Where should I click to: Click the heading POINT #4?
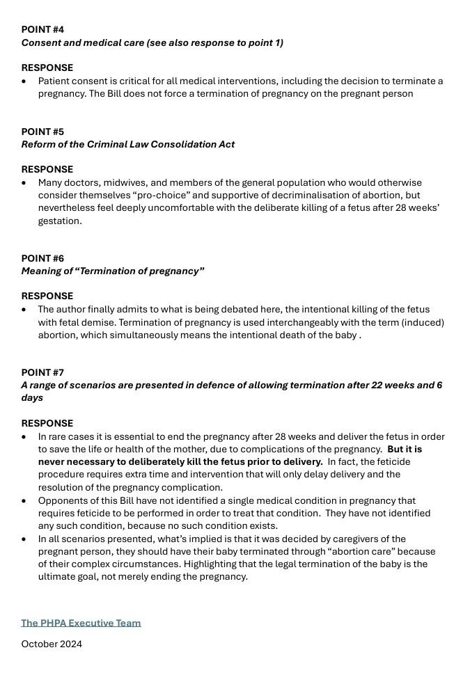42,30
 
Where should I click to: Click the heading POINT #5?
42,132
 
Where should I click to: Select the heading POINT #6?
42,258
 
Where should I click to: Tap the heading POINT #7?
42,372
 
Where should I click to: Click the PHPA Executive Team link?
81,623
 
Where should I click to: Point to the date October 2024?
52,644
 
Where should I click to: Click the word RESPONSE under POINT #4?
47,68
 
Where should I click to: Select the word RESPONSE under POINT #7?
47,423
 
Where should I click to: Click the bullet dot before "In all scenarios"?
25,539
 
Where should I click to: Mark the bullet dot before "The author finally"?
25,310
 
